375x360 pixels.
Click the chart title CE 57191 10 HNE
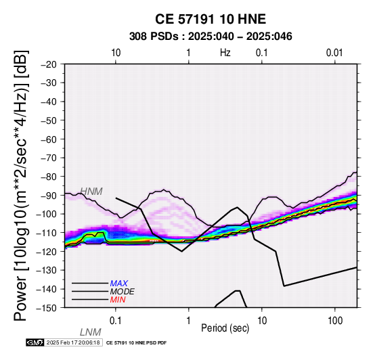coord(211,19)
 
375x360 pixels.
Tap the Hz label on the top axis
coord(225,53)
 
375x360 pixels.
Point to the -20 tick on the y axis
coord(49,64)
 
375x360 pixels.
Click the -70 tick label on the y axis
coord(49,158)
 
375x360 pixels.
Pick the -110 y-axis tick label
coord(47,233)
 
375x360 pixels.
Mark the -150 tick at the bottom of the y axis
coord(47,308)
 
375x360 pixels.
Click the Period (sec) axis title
coord(225,328)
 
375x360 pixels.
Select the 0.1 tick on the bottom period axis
coord(116,321)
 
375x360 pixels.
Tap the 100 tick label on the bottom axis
coord(335,321)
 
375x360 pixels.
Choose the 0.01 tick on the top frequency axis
coord(334,53)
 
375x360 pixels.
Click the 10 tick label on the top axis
coord(116,53)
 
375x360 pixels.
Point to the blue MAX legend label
coord(119,284)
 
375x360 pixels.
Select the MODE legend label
coord(123,292)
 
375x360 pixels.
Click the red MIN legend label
coord(118,300)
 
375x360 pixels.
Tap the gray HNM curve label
coord(91,192)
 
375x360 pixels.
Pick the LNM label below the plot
coord(91,332)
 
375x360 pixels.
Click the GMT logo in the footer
coord(35,342)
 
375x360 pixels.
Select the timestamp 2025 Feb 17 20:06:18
coord(73,342)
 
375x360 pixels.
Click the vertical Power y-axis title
coord(20,185)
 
